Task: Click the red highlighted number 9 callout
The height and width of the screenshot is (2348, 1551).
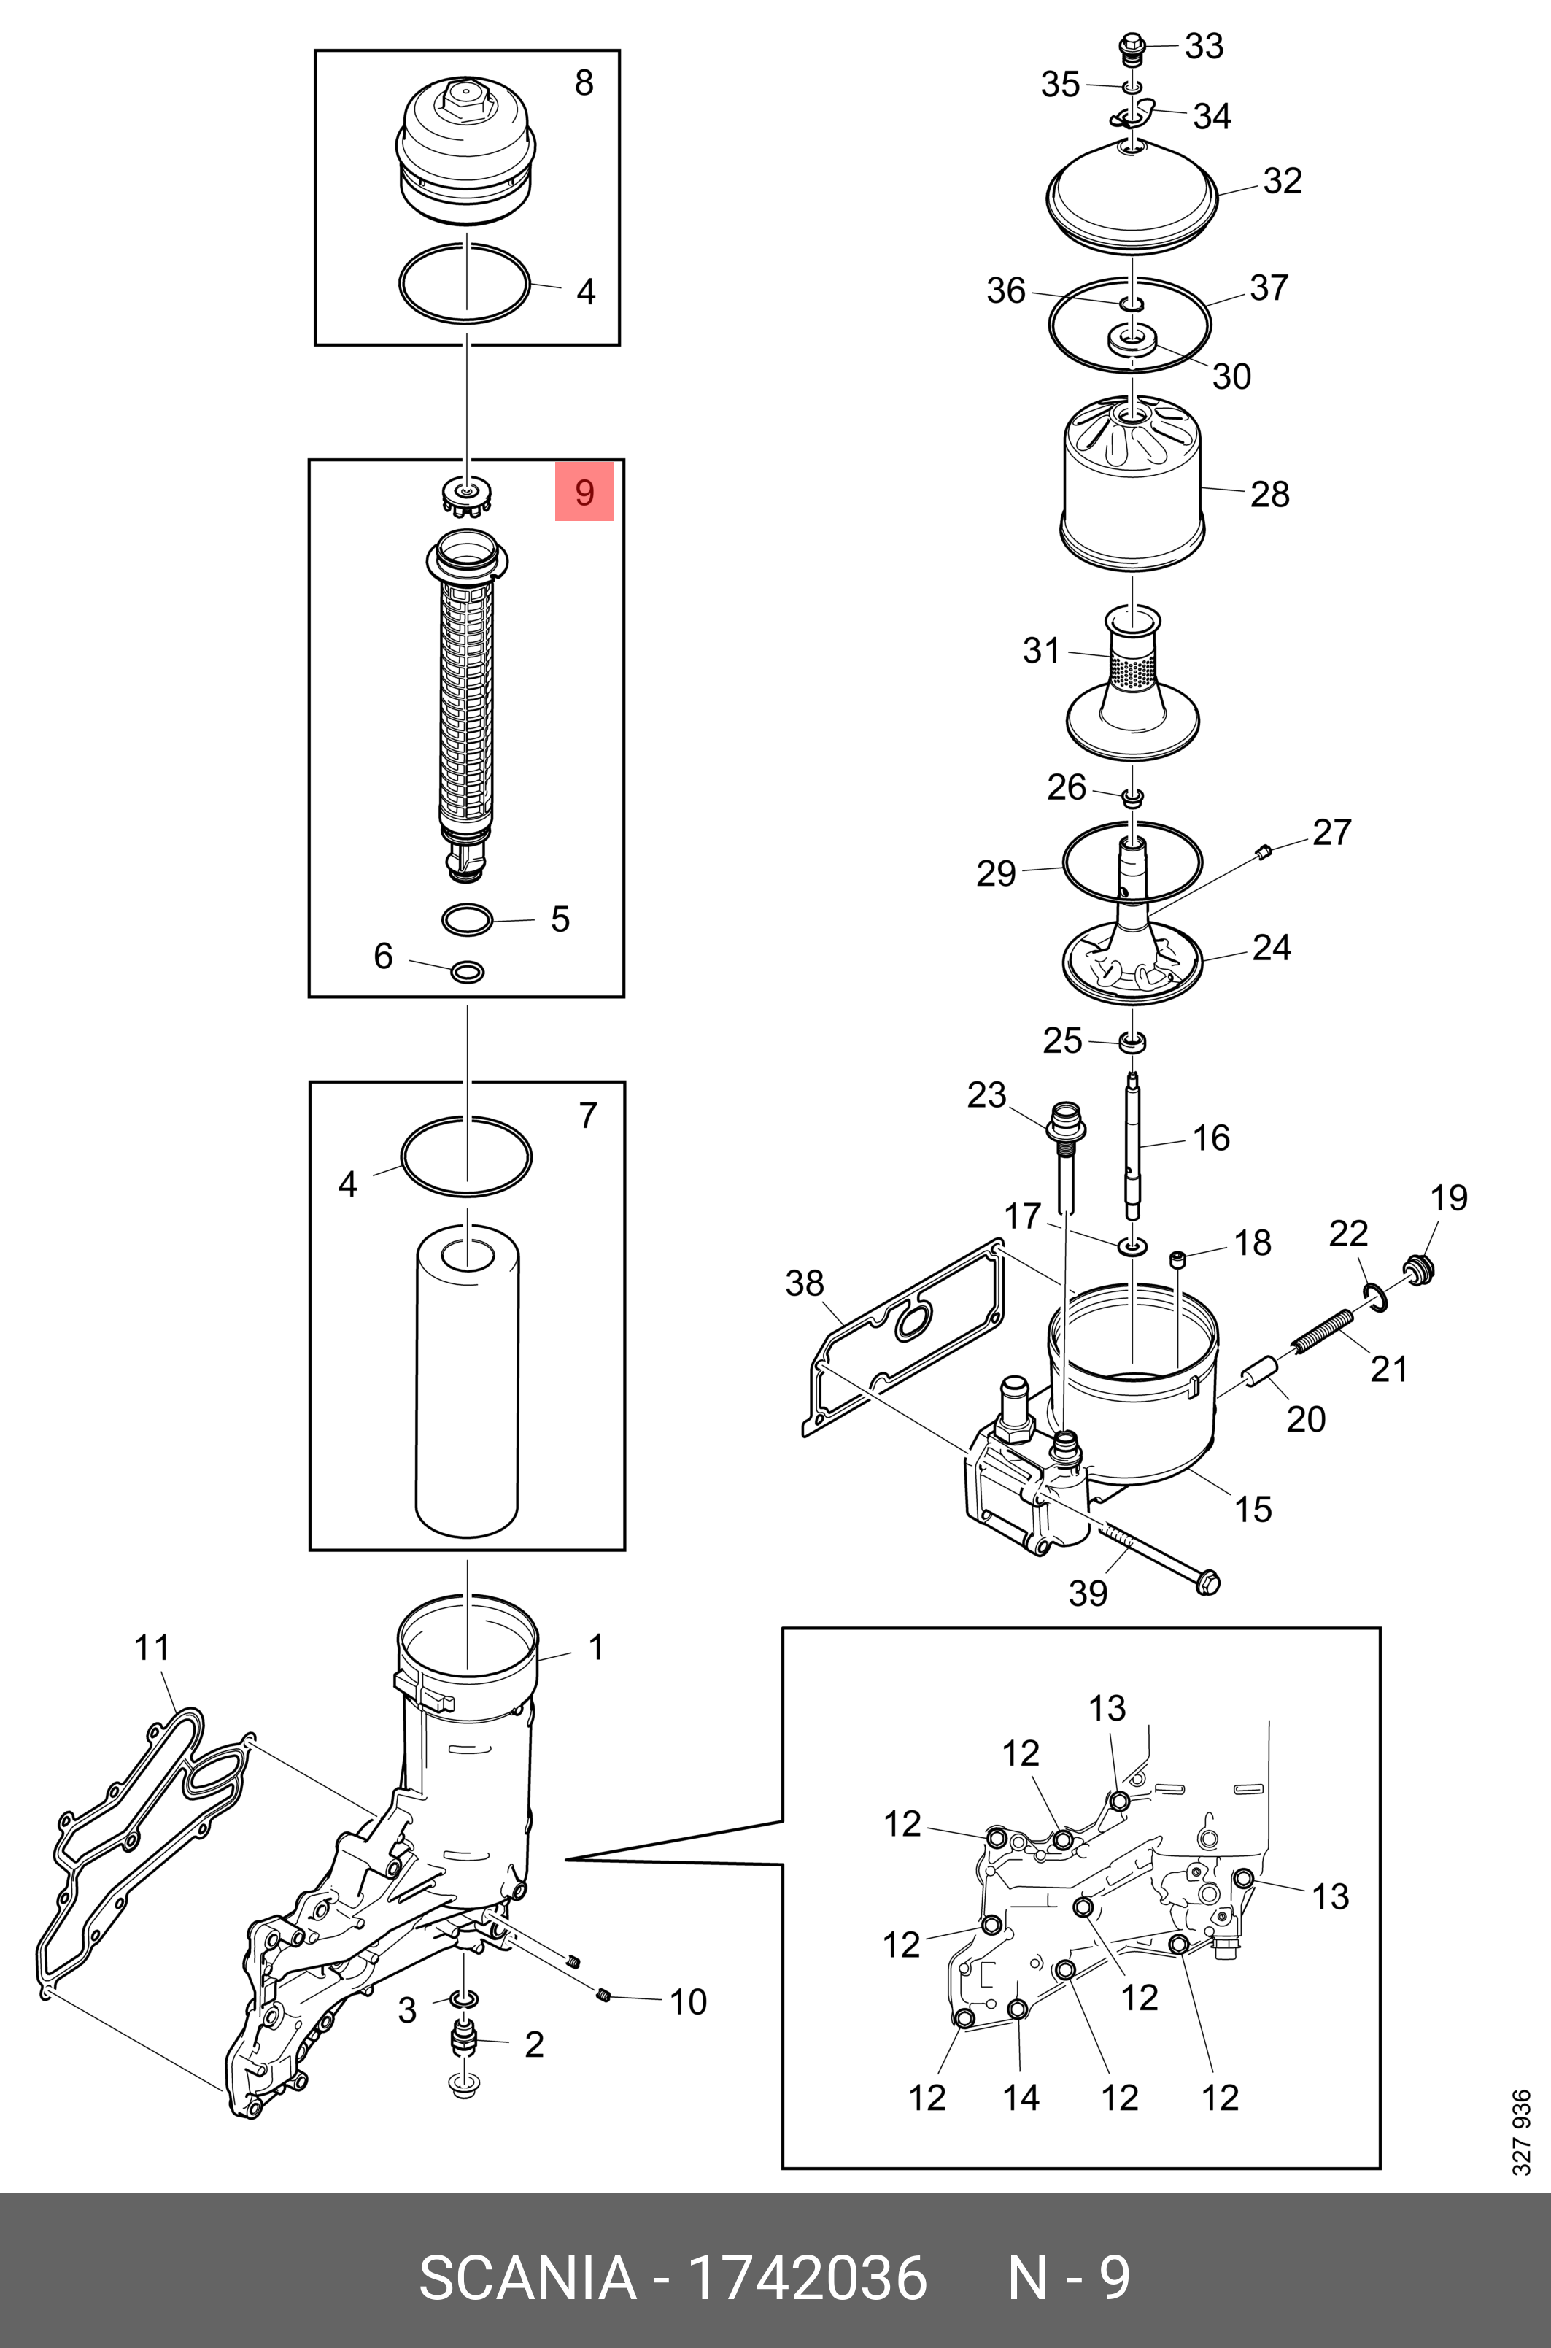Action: [x=584, y=492]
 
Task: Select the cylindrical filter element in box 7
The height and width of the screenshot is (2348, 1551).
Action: [x=467, y=1385]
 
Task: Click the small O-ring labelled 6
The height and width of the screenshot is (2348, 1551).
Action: [x=467, y=971]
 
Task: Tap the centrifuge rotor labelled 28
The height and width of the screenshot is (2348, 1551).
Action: [x=1132, y=484]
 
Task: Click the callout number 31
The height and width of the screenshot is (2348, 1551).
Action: [x=1040, y=650]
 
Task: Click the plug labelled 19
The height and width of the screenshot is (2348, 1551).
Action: [x=1420, y=1268]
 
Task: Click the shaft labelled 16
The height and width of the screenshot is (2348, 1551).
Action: [x=1132, y=1147]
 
